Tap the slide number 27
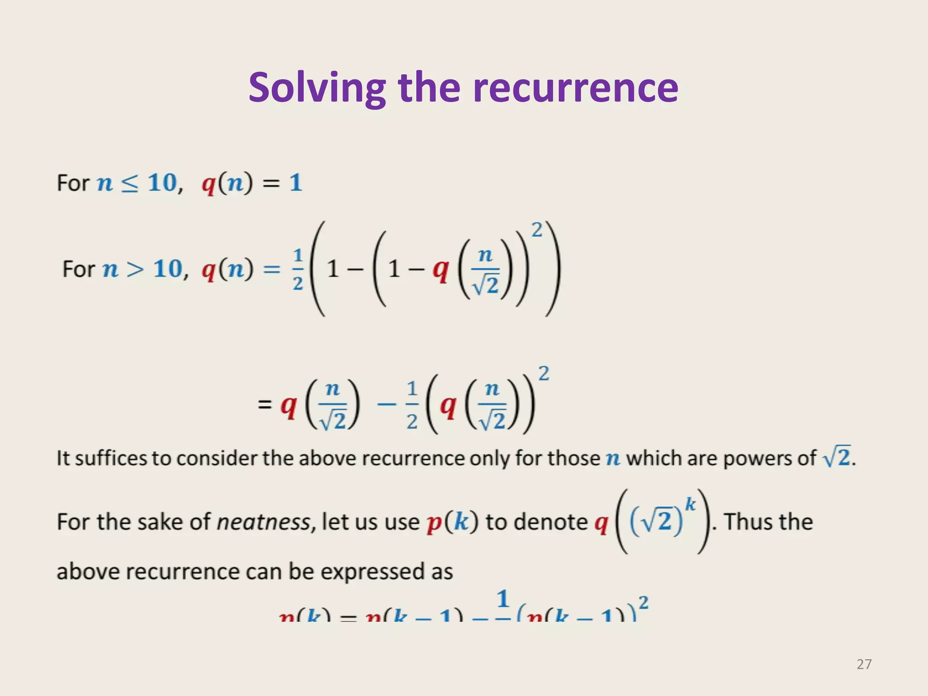coord(864,664)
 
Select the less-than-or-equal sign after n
coord(130,184)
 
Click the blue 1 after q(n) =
coord(295,183)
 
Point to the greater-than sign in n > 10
coord(135,269)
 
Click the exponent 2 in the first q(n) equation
coord(536,231)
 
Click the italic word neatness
coord(264,522)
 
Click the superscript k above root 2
coord(690,504)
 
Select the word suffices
coord(111,458)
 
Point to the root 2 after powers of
coord(837,457)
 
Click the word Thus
coord(743,522)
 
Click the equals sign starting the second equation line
coord(265,404)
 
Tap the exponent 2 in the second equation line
coord(544,374)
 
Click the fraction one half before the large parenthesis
coord(298,269)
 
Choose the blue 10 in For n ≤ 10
coord(162,183)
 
